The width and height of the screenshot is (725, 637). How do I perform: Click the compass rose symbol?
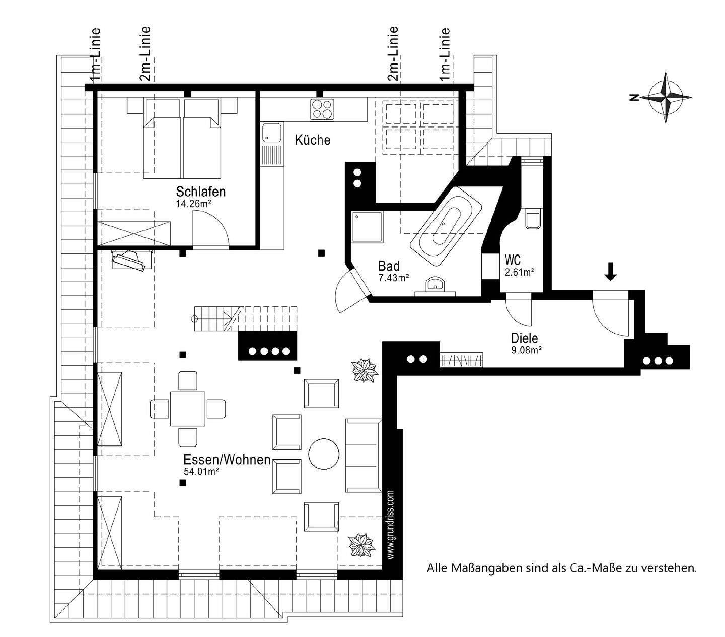click(666, 98)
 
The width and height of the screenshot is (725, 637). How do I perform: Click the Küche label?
click(313, 140)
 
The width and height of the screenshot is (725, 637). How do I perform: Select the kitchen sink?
click(272, 134)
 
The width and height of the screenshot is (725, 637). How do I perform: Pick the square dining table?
click(188, 408)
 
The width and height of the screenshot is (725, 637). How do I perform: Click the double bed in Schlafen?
click(182, 139)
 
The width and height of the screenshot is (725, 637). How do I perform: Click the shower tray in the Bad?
click(367, 226)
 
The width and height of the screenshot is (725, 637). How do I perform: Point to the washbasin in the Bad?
click(434, 285)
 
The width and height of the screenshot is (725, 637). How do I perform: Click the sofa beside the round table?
click(362, 455)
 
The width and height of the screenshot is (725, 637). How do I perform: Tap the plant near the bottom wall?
click(362, 545)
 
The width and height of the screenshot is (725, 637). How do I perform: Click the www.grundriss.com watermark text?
click(391, 524)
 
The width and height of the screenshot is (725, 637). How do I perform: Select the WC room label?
click(513, 261)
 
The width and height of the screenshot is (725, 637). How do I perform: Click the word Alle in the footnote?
click(436, 568)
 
